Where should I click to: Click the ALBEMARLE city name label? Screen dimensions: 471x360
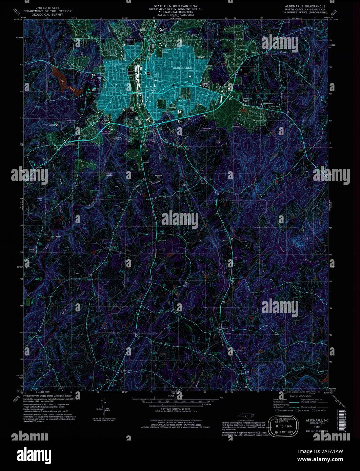point(182,68)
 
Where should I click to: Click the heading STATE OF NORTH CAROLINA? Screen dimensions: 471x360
point(173,6)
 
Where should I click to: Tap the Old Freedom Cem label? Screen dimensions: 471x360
point(57,237)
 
